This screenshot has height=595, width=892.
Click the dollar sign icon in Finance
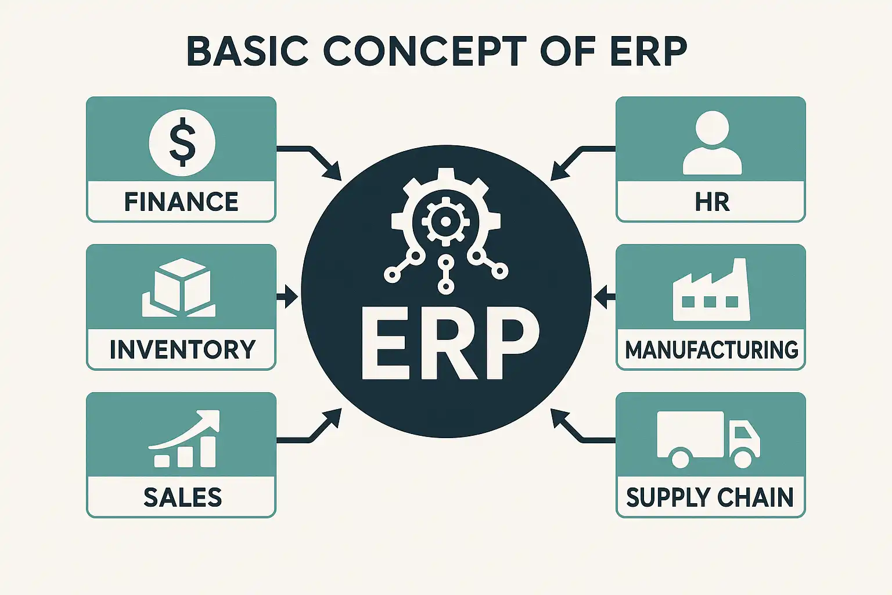tap(182, 143)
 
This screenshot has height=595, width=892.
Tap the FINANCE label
tap(181, 202)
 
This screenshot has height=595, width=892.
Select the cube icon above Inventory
tap(179, 288)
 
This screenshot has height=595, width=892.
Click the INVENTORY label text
tap(182, 350)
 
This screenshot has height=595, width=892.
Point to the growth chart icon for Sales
tap(184, 438)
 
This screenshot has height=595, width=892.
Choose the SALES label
tap(182, 497)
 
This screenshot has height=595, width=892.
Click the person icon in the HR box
tap(713, 142)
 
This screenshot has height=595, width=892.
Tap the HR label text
tap(712, 202)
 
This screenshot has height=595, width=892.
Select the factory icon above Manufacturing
tap(711, 289)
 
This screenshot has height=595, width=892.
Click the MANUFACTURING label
tap(711, 350)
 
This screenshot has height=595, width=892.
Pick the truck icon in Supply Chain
tap(708, 439)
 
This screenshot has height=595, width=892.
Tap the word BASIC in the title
tap(247, 51)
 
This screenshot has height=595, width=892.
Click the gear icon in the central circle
tap(446, 221)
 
